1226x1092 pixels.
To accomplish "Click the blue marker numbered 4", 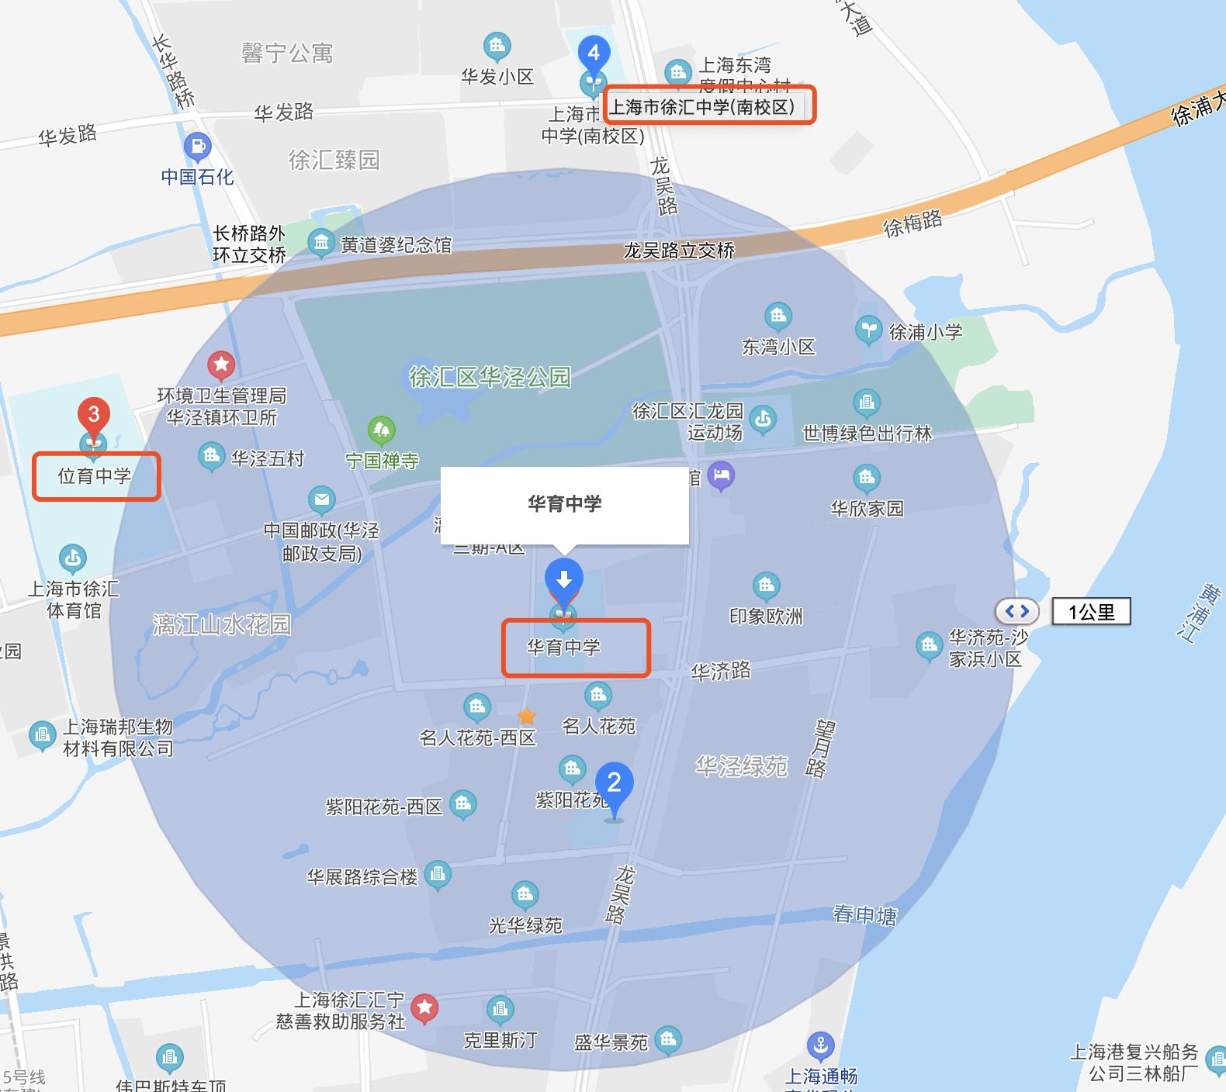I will click(x=594, y=53).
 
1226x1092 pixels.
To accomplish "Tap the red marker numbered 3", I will click(x=94, y=414).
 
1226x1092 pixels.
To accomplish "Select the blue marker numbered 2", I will click(x=614, y=783).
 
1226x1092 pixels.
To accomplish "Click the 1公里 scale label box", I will click(x=1091, y=612).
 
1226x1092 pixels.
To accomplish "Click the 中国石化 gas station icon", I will click(x=197, y=146).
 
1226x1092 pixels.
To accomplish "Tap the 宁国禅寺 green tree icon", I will click(x=381, y=430).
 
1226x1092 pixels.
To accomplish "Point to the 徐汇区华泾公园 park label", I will click(x=490, y=378).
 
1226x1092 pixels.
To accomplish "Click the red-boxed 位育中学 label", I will click(x=95, y=476).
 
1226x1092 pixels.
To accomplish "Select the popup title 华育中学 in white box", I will click(x=565, y=504).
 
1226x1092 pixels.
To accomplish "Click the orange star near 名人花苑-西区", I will click(x=527, y=716).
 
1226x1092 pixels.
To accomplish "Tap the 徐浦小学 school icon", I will click(x=869, y=331).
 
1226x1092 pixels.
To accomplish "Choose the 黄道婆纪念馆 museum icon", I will click(x=320, y=244).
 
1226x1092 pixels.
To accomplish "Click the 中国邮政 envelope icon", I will click(x=321, y=500).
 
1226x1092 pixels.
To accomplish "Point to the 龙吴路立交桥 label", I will click(x=679, y=251).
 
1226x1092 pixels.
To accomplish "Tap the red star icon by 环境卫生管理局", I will click(x=221, y=364).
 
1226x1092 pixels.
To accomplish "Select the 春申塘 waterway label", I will click(x=864, y=915).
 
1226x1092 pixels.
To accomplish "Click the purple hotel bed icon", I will click(x=722, y=475).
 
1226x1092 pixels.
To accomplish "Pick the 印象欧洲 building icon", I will click(x=766, y=586).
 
